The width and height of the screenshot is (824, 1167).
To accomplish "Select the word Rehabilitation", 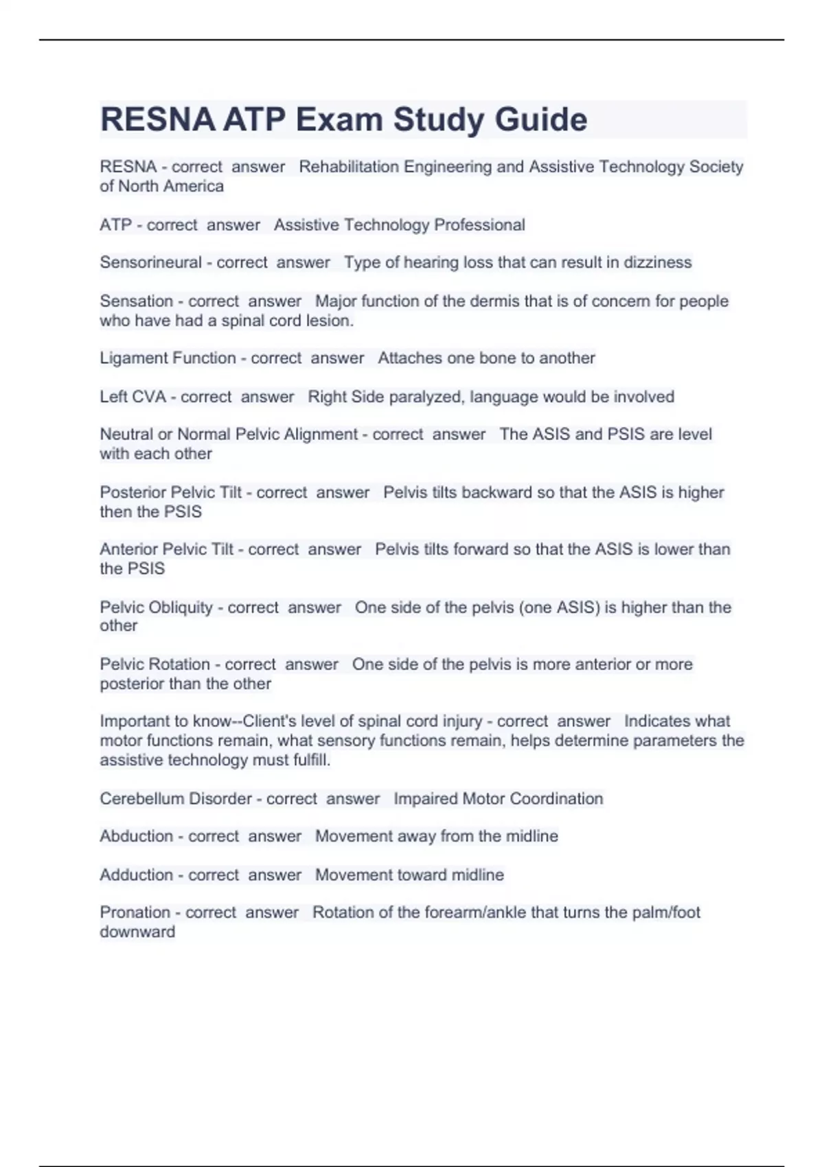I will [x=349, y=167].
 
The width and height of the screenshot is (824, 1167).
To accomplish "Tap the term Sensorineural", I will [x=150, y=262].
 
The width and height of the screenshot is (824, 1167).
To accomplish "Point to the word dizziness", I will [x=657, y=262].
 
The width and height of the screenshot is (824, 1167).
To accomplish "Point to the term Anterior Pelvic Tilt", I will [x=167, y=549].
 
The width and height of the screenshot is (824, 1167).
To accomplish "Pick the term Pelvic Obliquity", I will [x=157, y=608].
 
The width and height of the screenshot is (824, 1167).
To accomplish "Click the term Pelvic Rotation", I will [x=155, y=664].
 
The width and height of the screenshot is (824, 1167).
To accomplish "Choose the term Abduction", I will [x=136, y=836].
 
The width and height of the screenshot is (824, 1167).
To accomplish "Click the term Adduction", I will [x=136, y=875].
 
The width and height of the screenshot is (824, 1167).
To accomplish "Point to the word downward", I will [x=137, y=932].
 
